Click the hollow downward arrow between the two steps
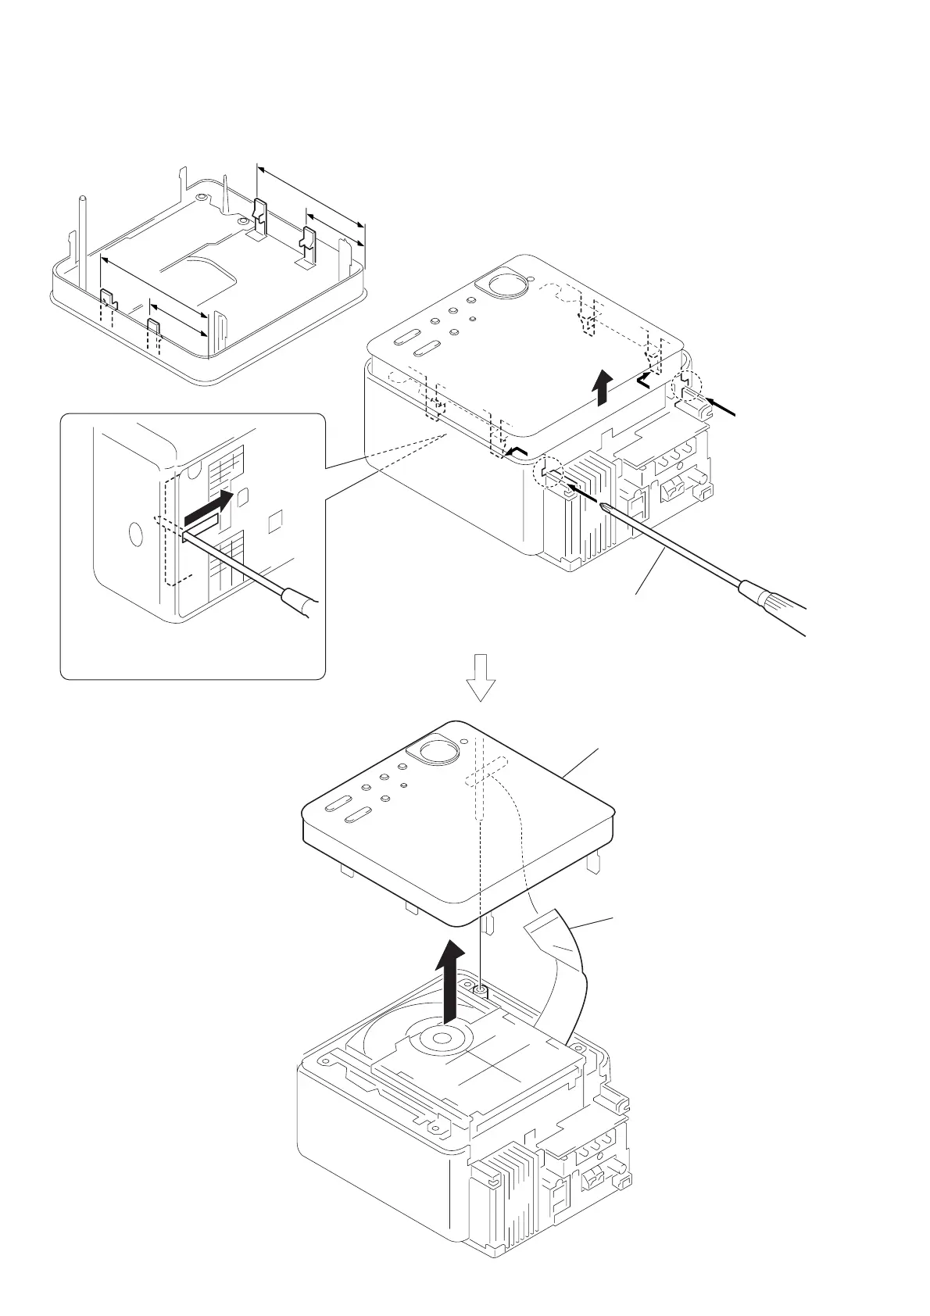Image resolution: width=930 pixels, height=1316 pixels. click(481, 677)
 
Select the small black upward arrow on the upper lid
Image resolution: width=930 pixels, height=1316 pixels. click(602, 388)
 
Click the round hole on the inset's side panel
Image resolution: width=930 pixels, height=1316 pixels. click(135, 537)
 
